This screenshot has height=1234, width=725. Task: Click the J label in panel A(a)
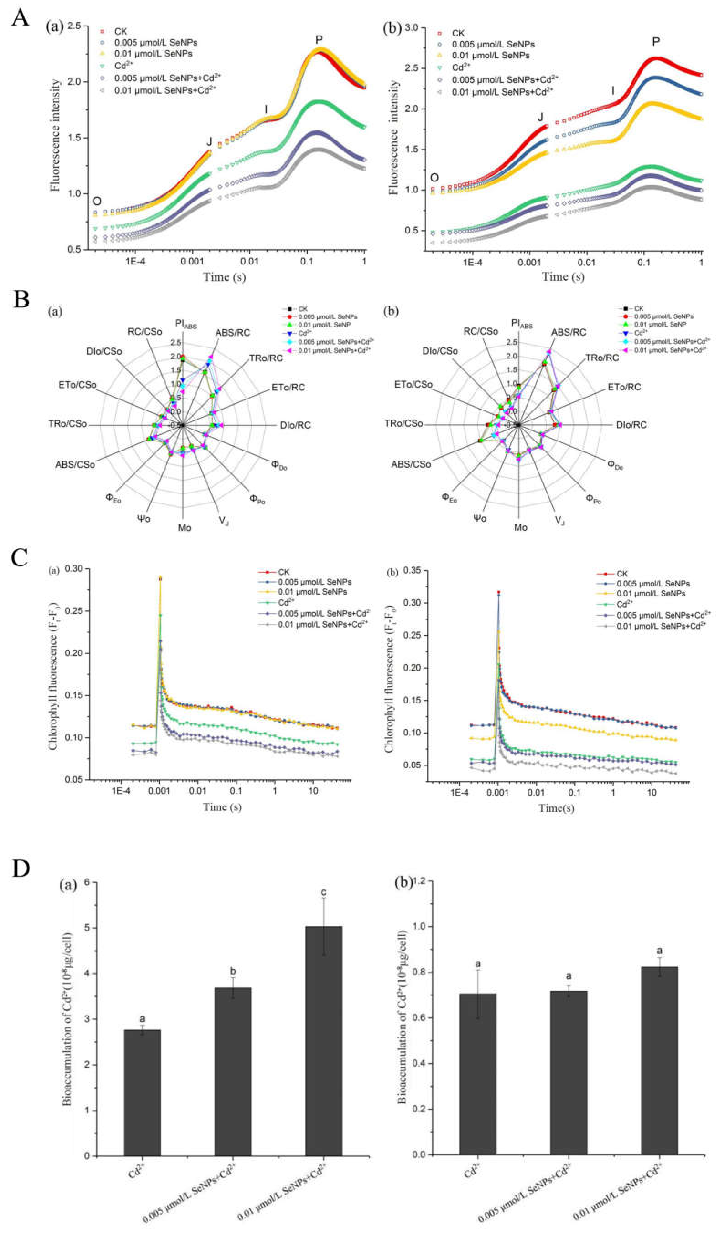click(209, 142)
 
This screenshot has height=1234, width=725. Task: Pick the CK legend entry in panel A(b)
click(458, 33)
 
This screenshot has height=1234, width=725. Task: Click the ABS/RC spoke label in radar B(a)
click(233, 333)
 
